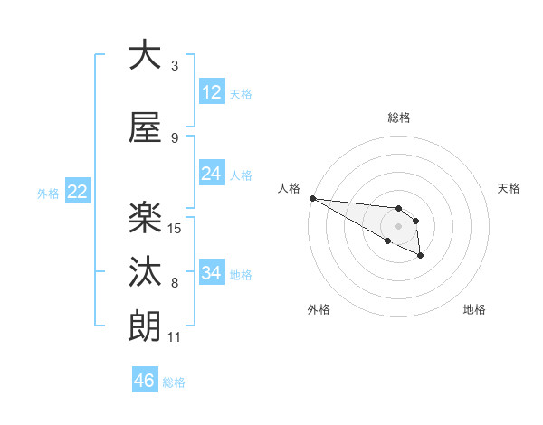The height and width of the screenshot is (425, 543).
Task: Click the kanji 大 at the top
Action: [145, 55]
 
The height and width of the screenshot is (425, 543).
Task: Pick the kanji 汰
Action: [145, 271]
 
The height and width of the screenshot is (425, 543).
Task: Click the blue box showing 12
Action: [212, 92]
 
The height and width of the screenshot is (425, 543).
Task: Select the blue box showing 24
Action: [212, 174]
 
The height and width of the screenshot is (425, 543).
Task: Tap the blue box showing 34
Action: [212, 273]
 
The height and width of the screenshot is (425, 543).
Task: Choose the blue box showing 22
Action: [77, 192]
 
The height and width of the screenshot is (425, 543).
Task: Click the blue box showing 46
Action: [145, 381]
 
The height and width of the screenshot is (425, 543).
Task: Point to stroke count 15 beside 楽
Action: [176, 228]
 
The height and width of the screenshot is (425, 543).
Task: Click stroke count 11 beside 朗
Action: [175, 337]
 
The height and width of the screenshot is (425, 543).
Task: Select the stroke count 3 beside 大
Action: [175, 66]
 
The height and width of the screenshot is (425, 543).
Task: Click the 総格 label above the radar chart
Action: [398, 118]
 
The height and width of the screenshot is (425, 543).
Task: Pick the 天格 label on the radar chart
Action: [510, 188]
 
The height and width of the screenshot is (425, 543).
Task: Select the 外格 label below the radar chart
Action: [319, 309]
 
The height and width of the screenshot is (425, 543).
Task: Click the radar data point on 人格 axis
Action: [312, 198]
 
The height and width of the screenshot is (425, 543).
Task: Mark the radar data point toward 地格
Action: [421, 256]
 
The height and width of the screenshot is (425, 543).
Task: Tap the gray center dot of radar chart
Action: [398, 226]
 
